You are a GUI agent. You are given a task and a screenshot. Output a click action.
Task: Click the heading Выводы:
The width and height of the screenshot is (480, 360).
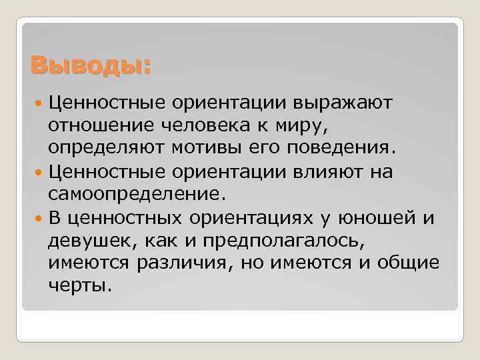[x=91, y=66]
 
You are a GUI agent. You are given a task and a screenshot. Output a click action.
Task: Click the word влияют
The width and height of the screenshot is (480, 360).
[x=327, y=172]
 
